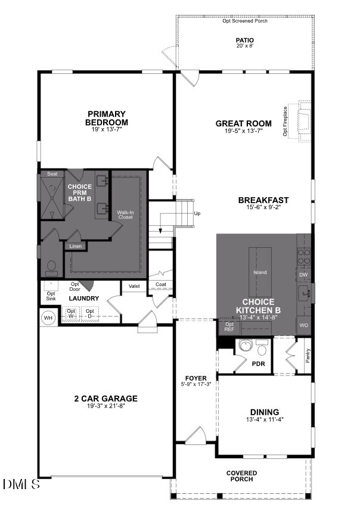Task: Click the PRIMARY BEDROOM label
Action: tap(107, 118)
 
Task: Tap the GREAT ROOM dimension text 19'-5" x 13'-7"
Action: tap(244, 131)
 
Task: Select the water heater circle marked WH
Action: tap(48, 318)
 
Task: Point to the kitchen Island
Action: tap(260, 272)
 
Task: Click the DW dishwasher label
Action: tap(303, 275)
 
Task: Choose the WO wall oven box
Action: tap(304, 325)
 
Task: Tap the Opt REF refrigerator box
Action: tap(229, 327)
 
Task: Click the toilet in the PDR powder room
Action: tap(262, 347)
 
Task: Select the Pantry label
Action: tap(308, 355)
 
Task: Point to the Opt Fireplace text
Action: tap(285, 122)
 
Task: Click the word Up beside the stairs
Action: tap(197, 213)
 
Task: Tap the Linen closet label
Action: tap(75, 246)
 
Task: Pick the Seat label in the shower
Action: tap(52, 174)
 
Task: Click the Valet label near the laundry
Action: tap(134, 286)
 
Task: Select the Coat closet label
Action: tap(161, 285)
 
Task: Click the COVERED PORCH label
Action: tap(241, 476)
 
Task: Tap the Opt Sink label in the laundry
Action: tap(51, 296)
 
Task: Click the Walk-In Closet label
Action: tap(125, 214)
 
